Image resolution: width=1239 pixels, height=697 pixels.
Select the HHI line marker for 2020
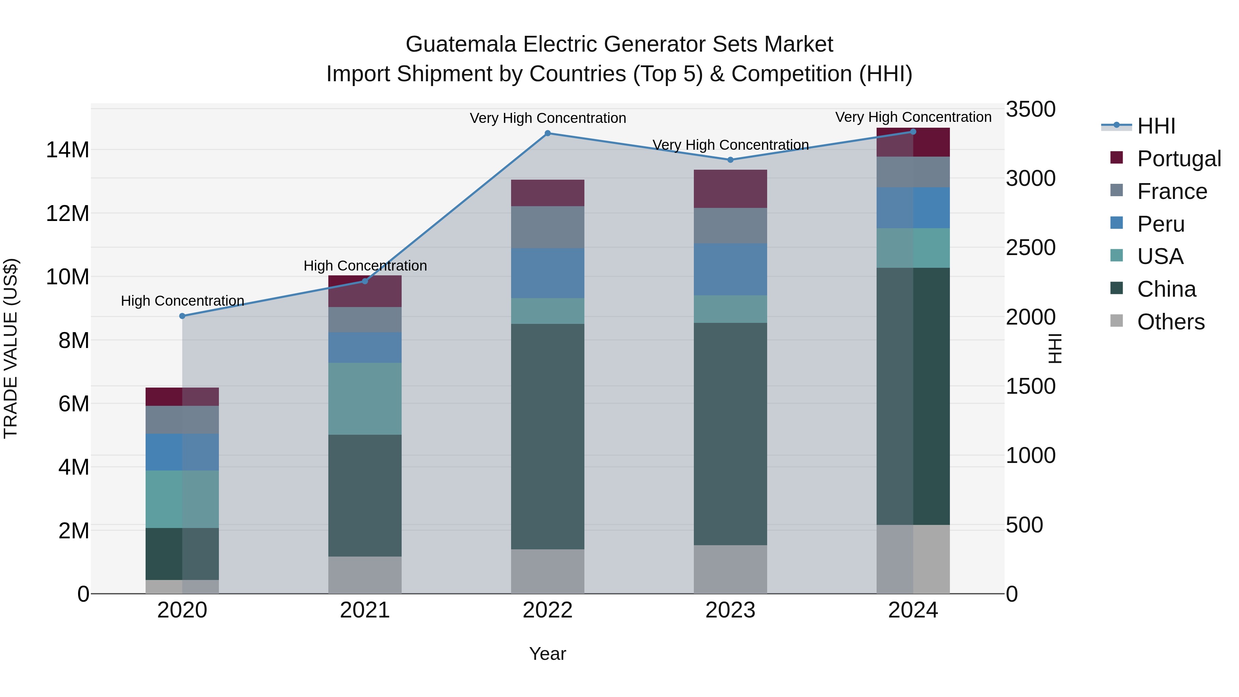pos(182,316)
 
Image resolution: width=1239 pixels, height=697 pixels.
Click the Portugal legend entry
pos(1178,159)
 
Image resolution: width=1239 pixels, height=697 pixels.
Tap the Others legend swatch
pos(1116,321)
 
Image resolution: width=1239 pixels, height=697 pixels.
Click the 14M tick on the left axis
pos(67,150)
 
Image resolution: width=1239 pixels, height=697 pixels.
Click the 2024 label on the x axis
pos(912,610)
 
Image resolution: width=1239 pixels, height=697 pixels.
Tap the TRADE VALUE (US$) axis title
pos(11,348)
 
